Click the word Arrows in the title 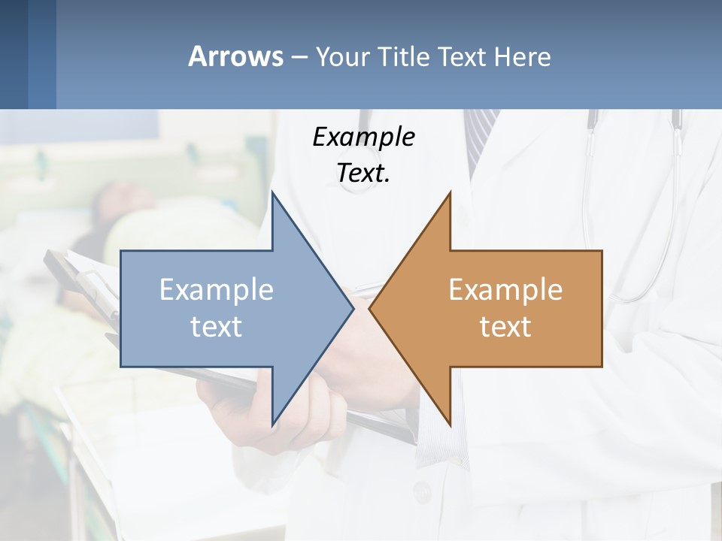(x=235, y=56)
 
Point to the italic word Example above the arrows (x=363, y=137)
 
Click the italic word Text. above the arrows (x=363, y=174)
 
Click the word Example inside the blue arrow (x=217, y=290)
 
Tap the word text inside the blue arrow (x=217, y=327)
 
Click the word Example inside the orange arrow (x=505, y=290)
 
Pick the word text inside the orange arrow (x=505, y=327)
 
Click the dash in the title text (x=299, y=57)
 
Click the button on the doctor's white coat (x=422, y=492)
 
